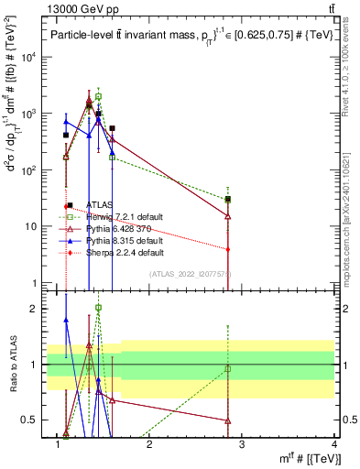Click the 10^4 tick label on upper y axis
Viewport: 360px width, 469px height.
(x=30, y=57)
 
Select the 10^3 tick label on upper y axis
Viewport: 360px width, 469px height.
(x=30, y=114)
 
